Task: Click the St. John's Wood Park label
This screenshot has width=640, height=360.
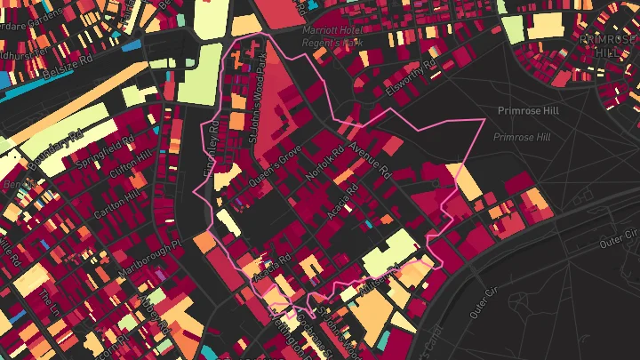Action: [257, 100]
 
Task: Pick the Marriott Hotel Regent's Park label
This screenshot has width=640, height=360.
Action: [334, 36]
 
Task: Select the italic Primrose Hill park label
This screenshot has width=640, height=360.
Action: [522, 137]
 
